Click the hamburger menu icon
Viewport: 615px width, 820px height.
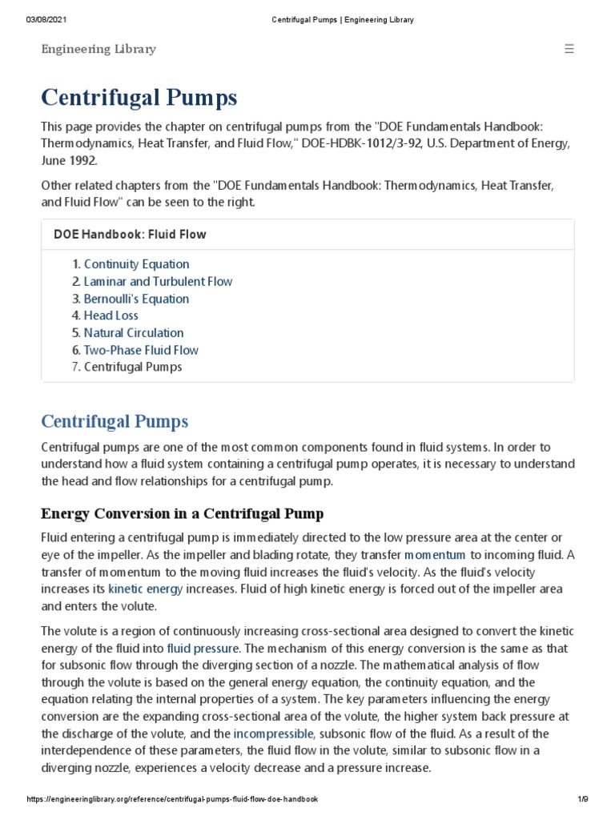point(569,49)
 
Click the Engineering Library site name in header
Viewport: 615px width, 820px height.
point(98,50)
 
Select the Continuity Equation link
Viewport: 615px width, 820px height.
point(136,264)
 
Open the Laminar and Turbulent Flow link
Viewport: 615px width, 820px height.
point(158,281)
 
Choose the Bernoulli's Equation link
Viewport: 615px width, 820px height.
point(136,299)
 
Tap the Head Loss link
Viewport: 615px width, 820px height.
point(111,316)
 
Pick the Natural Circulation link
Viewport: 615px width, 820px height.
point(134,333)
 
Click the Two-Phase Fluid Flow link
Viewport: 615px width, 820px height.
point(141,350)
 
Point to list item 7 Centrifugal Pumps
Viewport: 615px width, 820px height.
point(133,367)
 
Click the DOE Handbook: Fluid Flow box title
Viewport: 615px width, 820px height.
point(130,235)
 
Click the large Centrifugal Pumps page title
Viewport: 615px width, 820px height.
point(139,98)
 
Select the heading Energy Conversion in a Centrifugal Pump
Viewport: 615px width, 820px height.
point(182,513)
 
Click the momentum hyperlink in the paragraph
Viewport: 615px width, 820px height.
point(435,554)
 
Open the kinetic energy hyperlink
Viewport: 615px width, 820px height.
point(146,589)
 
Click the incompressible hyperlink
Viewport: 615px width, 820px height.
point(273,734)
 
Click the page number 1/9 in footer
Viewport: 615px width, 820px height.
point(582,799)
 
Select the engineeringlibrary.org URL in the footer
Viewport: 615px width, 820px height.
point(172,799)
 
